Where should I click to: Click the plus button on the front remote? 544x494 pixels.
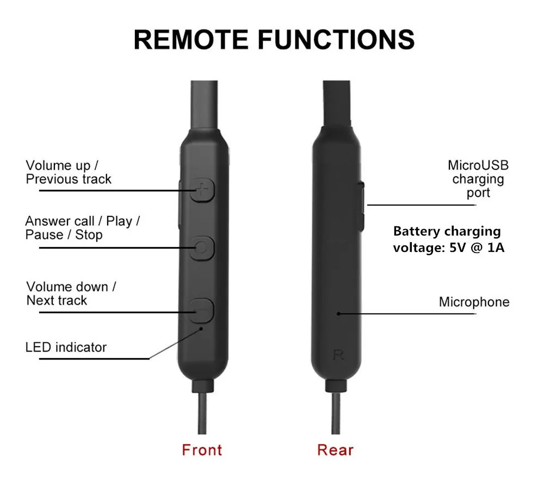203,190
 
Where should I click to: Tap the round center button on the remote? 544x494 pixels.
202,248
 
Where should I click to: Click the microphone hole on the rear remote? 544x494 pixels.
338,313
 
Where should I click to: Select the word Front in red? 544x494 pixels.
202,450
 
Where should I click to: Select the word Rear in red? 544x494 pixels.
335,450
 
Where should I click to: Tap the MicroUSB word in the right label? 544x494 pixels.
478,165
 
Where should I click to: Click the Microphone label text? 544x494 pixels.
474,302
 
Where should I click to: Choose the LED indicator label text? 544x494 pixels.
66,347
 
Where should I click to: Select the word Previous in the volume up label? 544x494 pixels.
52,179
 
